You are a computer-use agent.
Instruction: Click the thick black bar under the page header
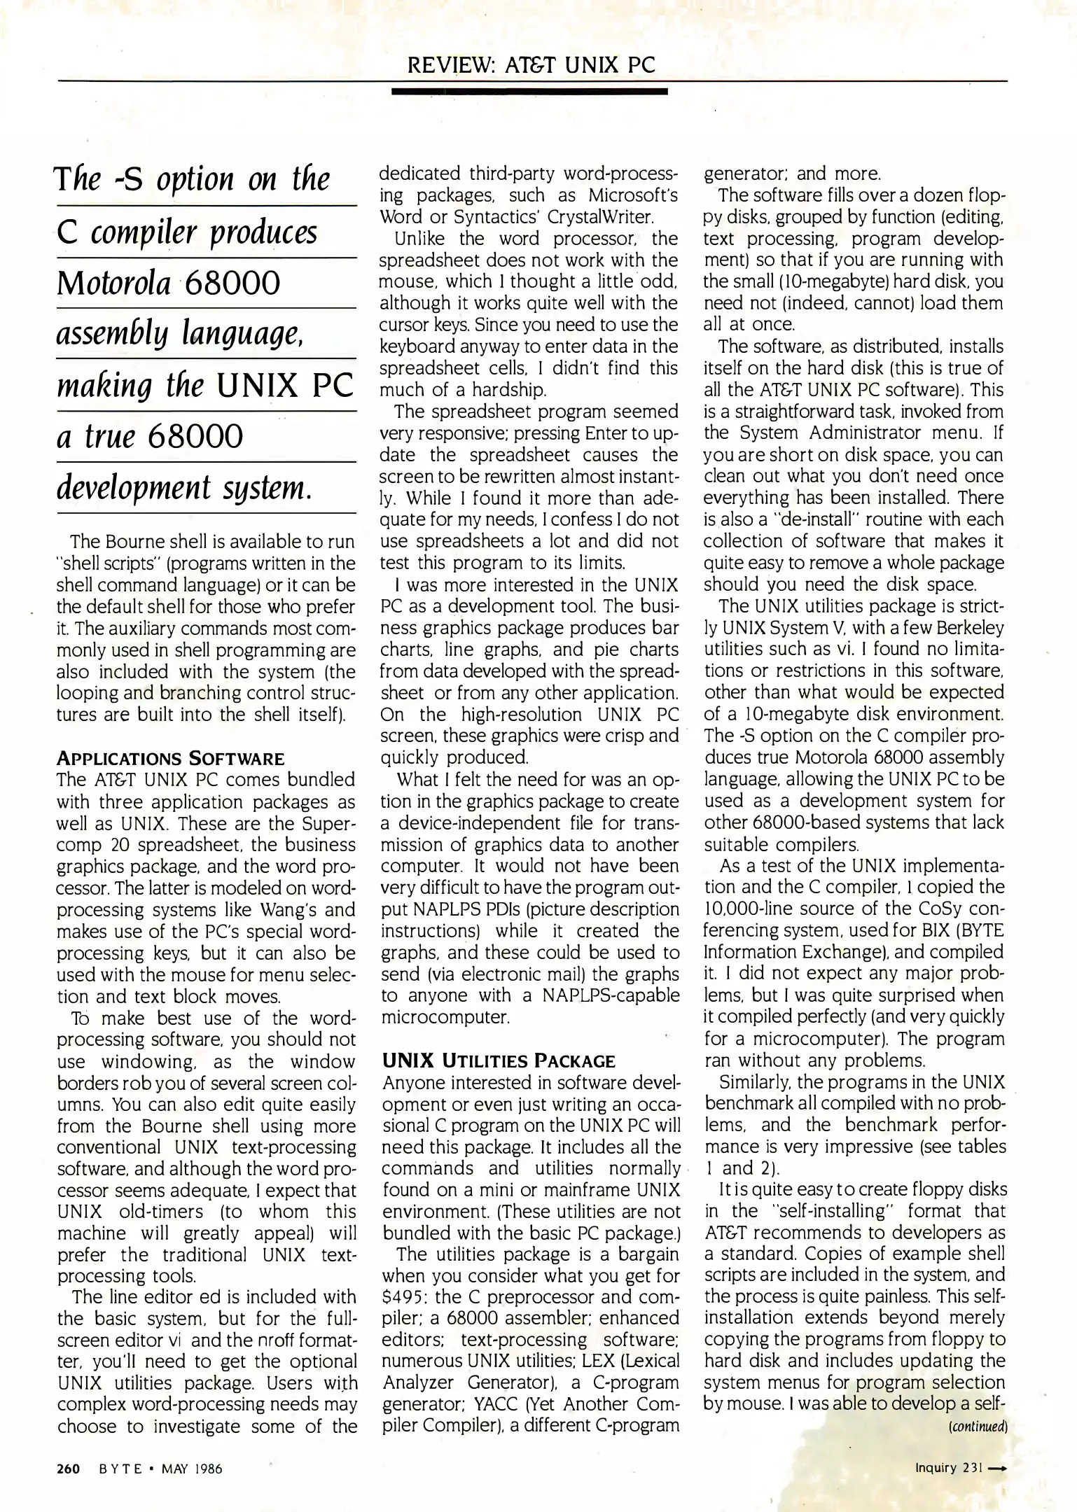pyautogui.click(x=529, y=91)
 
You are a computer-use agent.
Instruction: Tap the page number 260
pyautogui.click(x=69, y=1469)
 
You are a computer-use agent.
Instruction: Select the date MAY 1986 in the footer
pyautogui.click(x=191, y=1469)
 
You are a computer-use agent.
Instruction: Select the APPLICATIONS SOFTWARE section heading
pyautogui.click(x=170, y=759)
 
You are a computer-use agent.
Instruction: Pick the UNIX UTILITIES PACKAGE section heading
pyautogui.click(x=499, y=1061)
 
